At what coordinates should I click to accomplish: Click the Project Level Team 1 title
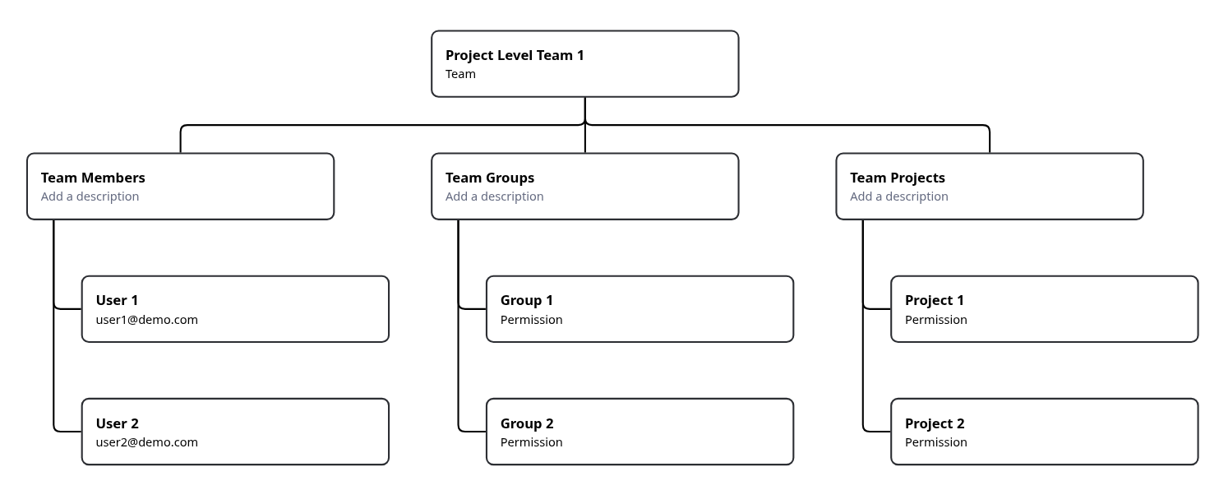pos(515,55)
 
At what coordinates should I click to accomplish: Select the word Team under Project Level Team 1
pos(460,74)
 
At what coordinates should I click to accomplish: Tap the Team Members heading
pos(93,178)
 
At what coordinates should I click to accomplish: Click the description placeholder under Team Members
pos(90,196)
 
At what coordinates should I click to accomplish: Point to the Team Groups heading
pos(490,178)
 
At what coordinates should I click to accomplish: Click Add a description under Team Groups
pos(494,196)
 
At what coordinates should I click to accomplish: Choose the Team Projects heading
pos(897,178)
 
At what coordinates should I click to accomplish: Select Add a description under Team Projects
pos(898,196)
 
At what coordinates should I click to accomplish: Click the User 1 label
pos(117,300)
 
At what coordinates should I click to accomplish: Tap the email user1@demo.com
pos(146,320)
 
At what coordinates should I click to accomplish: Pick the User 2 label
pos(117,423)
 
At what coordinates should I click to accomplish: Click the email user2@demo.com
pos(146,442)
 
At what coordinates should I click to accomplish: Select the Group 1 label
pos(526,300)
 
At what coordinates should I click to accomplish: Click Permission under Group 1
pos(531,320)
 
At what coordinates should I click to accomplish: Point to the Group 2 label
pos(526,423)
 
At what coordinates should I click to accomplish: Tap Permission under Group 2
pos(531,442)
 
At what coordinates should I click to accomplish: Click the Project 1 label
pos(934,300)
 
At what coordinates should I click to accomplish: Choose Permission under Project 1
pos(935,320)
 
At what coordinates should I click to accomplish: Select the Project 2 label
pos(934,423)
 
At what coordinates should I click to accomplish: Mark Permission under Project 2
pos(935,442)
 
